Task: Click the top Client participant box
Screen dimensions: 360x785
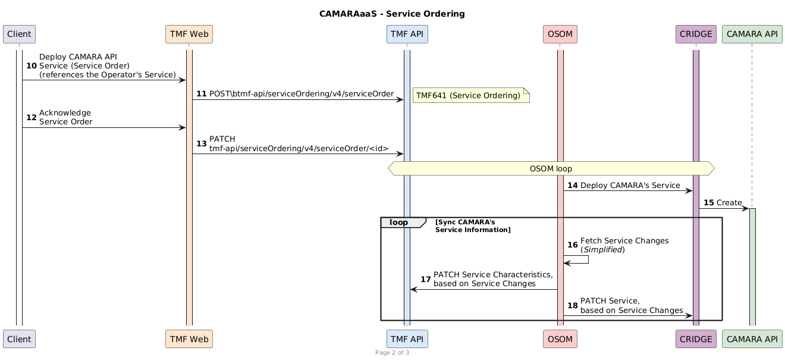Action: coord(20,35)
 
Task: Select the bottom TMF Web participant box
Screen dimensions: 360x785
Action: coord(189,339)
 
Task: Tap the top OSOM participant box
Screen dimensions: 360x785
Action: coord(560,35)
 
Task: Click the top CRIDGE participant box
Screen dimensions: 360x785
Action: coord(696,35)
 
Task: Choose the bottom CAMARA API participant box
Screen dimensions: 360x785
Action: coord(752,339)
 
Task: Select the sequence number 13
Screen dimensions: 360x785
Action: coord(201,143)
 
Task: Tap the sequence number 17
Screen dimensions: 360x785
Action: coord(426,279)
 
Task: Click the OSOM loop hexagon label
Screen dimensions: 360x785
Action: coord(551,168)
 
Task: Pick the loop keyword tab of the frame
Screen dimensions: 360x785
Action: coord(398,223)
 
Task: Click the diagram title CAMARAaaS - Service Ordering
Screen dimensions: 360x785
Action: coord(392,14)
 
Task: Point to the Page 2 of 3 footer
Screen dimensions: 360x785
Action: coord(392,353)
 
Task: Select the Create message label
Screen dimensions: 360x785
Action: coord(729,203)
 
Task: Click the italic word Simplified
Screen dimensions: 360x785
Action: coord(602,249)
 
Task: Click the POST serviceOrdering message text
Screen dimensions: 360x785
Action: coord(301,94)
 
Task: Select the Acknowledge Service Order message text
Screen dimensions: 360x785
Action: coord(65,117)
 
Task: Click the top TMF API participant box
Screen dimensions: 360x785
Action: coord(407,35)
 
